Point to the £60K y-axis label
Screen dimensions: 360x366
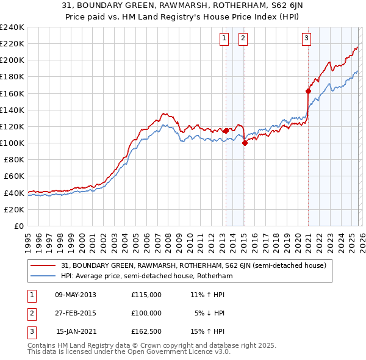(x=13, y=176)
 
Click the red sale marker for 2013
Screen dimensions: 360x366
(x=226, y=131)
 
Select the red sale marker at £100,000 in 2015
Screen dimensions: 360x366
(x=245, y=143)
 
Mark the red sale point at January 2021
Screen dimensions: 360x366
(x=308, y=92)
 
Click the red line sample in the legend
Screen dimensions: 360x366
(x=43, y=265)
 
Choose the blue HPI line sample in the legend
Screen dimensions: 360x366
(x=43, y=276)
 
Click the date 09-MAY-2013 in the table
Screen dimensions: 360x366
(x=76, y=294)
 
